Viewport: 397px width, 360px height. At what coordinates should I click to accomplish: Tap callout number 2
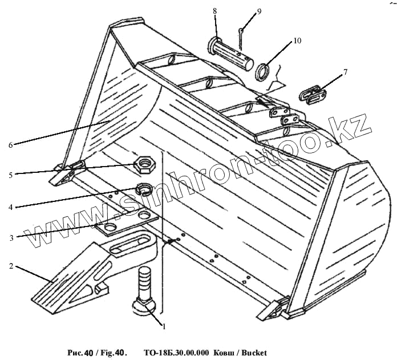pyautogui.click(x=11, y=266)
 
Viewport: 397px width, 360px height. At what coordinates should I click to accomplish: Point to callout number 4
pyautogui.click(x=11, y=207)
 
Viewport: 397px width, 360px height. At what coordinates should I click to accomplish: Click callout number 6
pyautogui.click(x=11, y=145)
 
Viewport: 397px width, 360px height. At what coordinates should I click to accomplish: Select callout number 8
pyautogui.click(x=215, y=11)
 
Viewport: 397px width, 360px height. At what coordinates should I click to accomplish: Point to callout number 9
pyautogui.click(x=243, y=11)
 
